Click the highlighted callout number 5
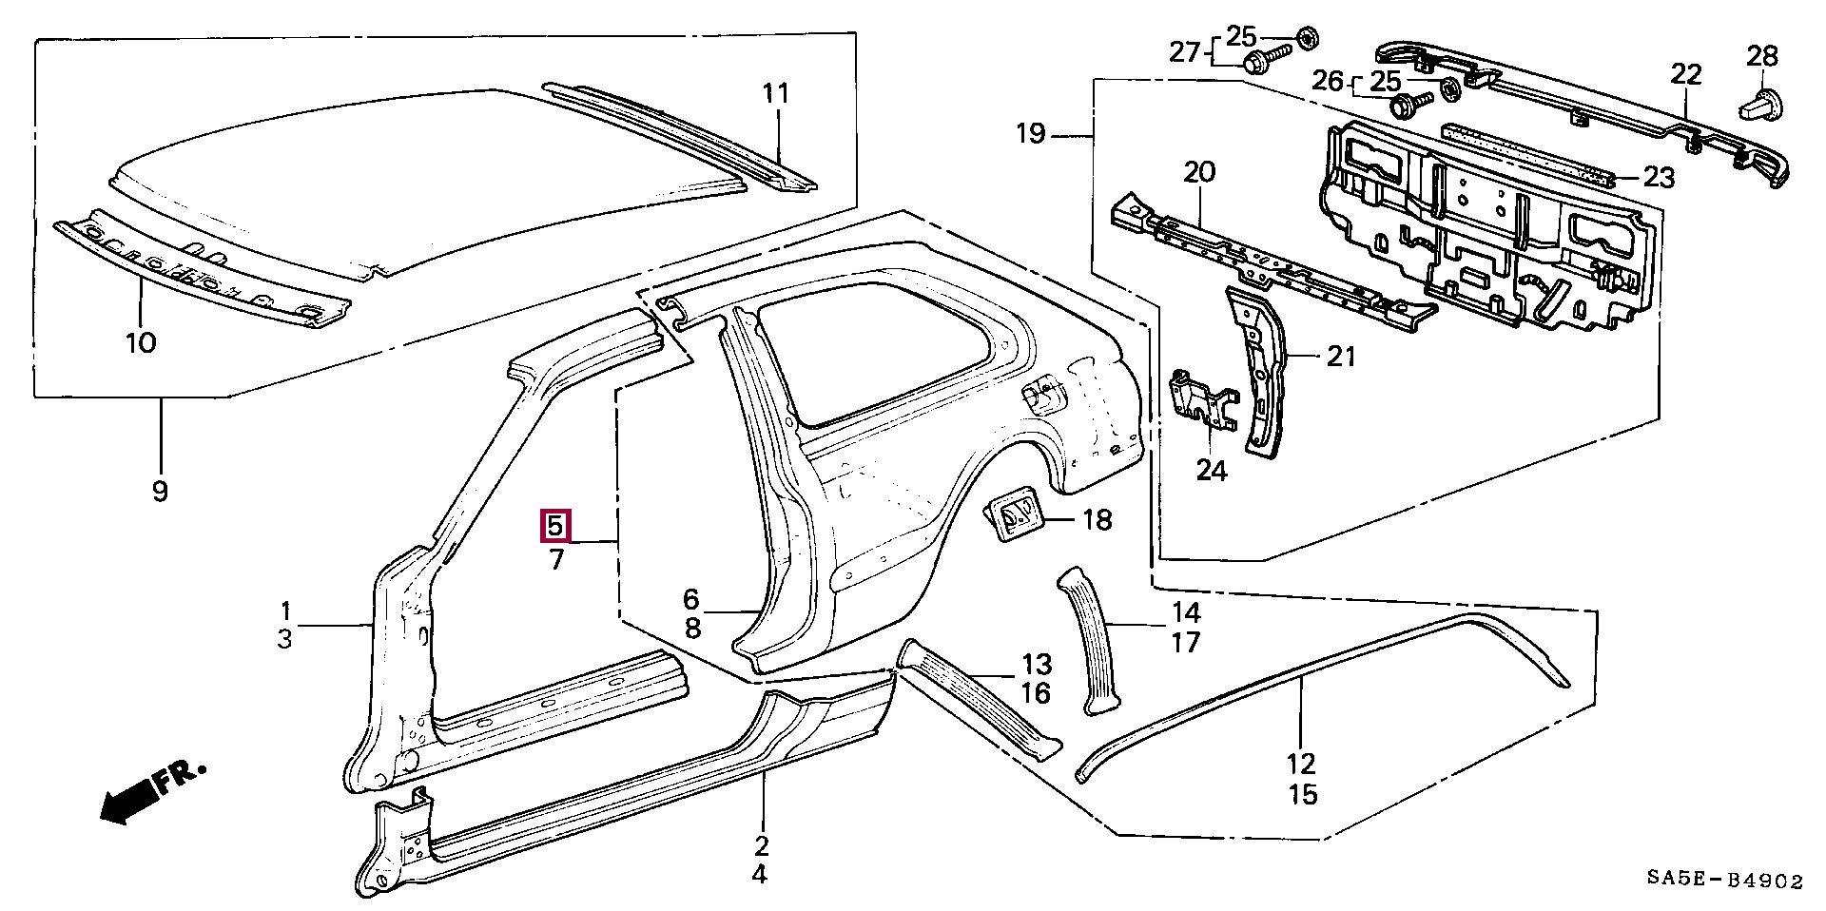tap(556, 526)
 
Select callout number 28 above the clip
tap(1761, 56)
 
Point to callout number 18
tap(1097, 519)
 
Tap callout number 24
tap(1212, 470)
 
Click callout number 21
tap(1340, 357)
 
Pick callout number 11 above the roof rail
tap(776, 93)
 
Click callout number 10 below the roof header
tap(140, 341)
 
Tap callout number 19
tap(1030, 133)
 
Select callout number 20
tap(1199, 172)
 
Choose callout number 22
tap(1686, 74)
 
